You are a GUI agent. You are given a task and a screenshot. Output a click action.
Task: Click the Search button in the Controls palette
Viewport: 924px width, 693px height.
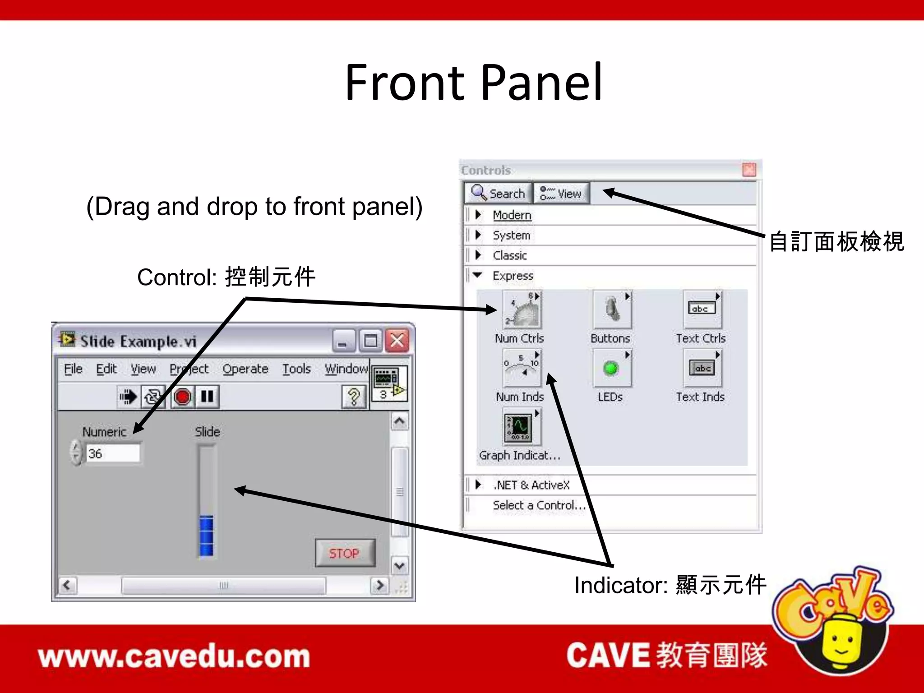[x=498, y=194]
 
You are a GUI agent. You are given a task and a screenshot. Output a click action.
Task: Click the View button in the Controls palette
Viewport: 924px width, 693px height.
[x=561, y=194]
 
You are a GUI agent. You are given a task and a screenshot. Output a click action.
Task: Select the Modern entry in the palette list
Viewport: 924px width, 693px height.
[x=512, y=215]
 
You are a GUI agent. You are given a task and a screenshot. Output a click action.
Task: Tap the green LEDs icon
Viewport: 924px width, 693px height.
[x=611, y=369]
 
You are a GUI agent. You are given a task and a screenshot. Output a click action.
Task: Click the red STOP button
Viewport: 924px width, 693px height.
[x=345, y=553]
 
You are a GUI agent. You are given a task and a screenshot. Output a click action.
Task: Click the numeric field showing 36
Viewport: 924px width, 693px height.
[x=113, y=453]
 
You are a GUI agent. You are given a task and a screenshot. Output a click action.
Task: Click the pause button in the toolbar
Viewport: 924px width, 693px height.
[x=207, y=397]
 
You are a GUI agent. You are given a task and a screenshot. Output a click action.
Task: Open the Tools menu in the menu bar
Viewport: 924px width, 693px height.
[x=296, y=369]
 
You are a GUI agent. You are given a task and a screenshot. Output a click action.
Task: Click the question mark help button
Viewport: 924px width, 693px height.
[x=354, y=397]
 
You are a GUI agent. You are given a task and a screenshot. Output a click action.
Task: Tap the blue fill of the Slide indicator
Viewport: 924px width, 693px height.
[x=207, y=536]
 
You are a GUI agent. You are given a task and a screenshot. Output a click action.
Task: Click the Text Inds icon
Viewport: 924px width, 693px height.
[x=702, y=369]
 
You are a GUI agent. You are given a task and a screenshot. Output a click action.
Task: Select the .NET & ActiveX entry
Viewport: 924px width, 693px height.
[x=531, y=485]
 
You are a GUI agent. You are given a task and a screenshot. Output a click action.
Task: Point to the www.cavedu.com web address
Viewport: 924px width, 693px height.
[x=174, y=656]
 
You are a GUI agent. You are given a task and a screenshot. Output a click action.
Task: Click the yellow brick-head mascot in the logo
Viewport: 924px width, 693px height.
[x=841, y=643]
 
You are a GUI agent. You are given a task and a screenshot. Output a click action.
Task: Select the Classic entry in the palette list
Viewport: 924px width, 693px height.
[x=510, y=255]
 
